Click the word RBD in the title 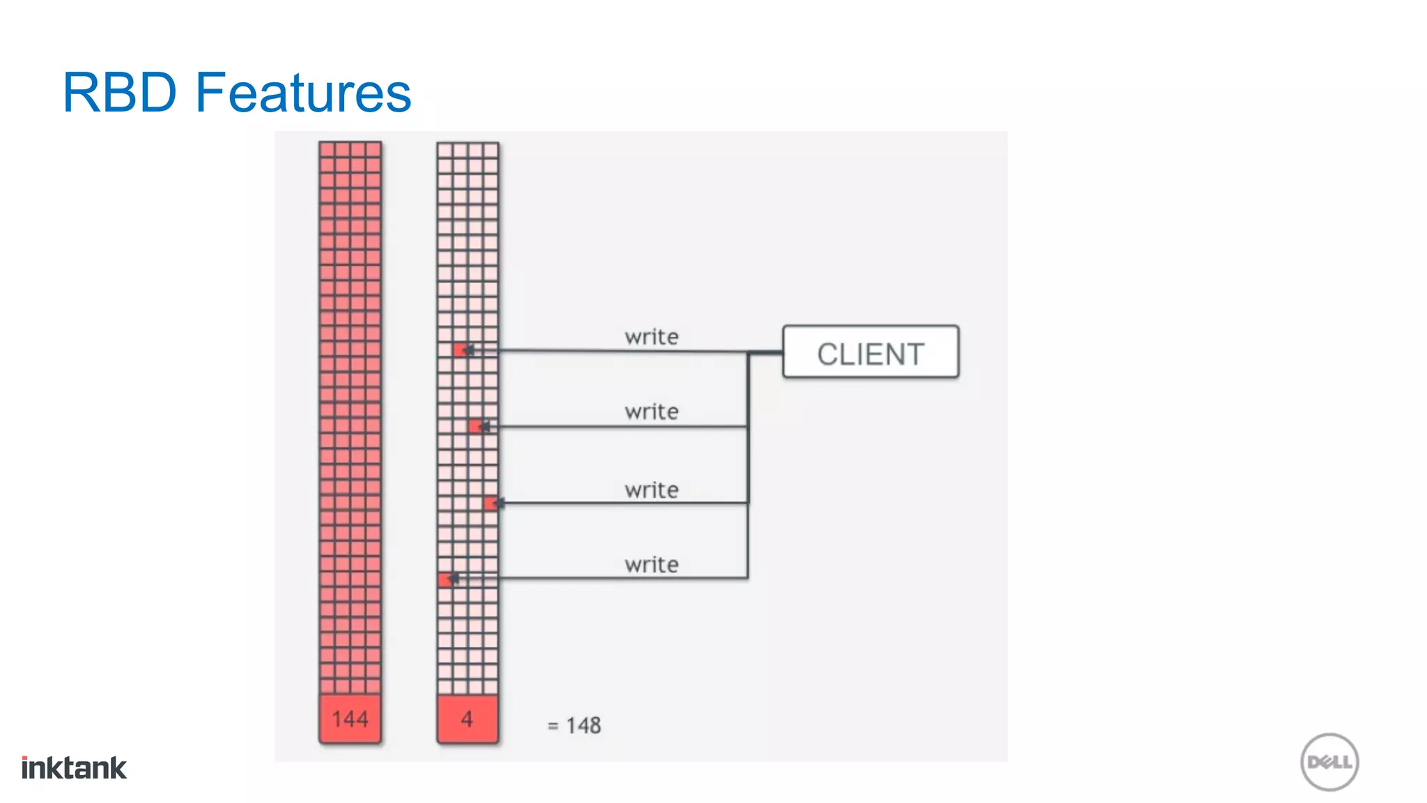pyautogui.click(x=120, y=92)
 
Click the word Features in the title pyautogui.click(x=303, y=92)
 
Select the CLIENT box pyautogui.click(x=870, y=353)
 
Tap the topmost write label pyautogui.click(x=651, y=337)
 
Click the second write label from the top pyautogui.click(x=651, y=411)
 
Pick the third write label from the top pyautogui.click(x=651, y=490)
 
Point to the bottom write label pyautogui.click(x=651, y=565)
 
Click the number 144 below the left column pyautogui.click(x=350, y=719)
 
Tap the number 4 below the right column pyautogui.click(x=467, y=719)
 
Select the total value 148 pyautogui.click(x=583, y=726)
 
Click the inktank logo pyautogui.click(x=74, y=768)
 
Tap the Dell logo pyautogui.click(x=1329, y=762)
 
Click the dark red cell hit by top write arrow pyautogui.click(x=459, y=350)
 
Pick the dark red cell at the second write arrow pyautogui.click(x=475, y=426)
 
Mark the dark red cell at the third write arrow pyautogui.click(x=491, y=503)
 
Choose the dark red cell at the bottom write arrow pyautogui.click(x=445, y=579)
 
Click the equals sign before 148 pyautogui.click(x=553, y=726)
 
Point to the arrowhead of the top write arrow pyautogui.click(x=468, y=350)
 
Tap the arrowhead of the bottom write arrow pyautogui.click(x=453, y=579)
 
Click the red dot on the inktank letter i pyautogui.click(x=25, y=758)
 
